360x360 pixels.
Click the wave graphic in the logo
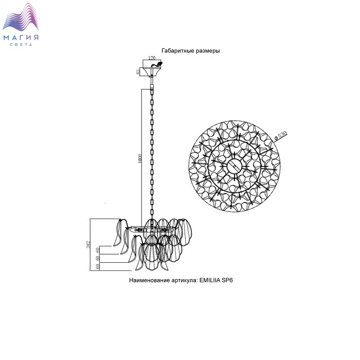tap(21, 18)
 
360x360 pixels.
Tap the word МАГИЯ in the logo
tap(21, 38)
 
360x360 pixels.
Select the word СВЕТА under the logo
tap(21, 45)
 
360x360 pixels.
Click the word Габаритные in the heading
tap(178, 51)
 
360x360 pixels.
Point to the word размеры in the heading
tap(208, 51)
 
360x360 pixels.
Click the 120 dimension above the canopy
tap(152, 58)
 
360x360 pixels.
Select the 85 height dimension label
tap(138, 71)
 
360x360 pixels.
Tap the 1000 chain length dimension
tap(140, 158)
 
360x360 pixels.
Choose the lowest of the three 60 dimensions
tap(97, 266)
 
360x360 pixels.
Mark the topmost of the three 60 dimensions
tap(97, 250)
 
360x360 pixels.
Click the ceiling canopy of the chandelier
tap(151, 71)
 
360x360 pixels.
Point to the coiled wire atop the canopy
tap(156, 64)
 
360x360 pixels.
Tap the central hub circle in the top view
tap(234, 166)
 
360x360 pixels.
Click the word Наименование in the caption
tap(150, 280)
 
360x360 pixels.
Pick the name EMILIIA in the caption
tap(210, 280)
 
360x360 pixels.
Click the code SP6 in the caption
tap(227, 280)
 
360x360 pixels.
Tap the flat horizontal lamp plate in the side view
tap(152, 229)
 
